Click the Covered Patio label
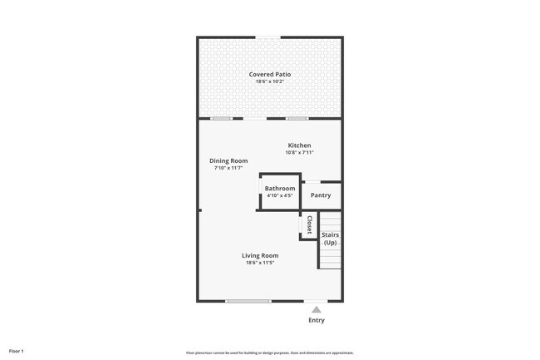(x=270, y=74)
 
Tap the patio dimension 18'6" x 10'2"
(x=270, y=82)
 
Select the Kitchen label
(x=299, y=145)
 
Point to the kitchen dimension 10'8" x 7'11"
(x=299, y=153)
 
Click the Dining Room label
(x=228, y=160)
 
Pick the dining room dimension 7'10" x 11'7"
(x=228, y=168)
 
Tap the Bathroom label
(x=280, y=189)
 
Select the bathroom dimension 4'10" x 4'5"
(x=280, y=196)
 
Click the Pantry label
(x=321, y=195)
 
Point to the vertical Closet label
(x=309, y=225)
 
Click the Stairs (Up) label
(x=330, y=239)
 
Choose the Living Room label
(x=260, y=255)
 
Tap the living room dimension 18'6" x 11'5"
(x=260, y=263)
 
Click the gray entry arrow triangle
(x=316, y=309)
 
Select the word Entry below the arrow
(x=317, y=320)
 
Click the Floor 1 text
(x=17, y=351)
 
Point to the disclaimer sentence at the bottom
(x=270, y=352)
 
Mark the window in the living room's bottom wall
(x=248, y=301)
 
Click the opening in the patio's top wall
(x=268, y=37)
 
